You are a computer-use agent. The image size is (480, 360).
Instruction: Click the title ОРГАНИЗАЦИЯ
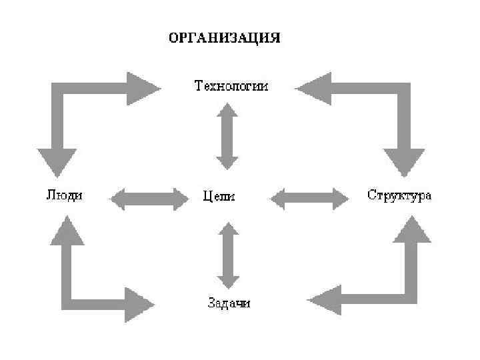pos(224,38)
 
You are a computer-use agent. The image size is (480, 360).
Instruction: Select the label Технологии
pos(231,86)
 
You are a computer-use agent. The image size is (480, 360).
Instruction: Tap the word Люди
pos(64,195)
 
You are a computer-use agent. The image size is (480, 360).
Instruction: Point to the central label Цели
pos(219,197)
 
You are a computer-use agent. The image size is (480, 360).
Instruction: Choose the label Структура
pos(399,195)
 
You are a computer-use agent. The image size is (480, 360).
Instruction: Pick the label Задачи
pos(227,304)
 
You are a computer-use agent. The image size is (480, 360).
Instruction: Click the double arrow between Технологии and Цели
pos(227,135)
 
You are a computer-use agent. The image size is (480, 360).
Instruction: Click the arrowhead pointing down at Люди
pos(57,163)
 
